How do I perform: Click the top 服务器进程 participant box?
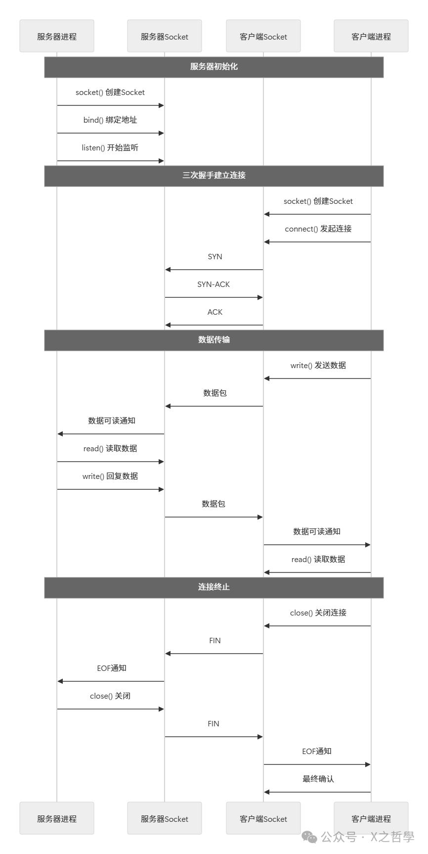pyautogui.click(x=57, y=36)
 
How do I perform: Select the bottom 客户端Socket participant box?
pyautogui.click(x=263, y=819)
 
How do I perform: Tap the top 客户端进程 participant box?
pyautogui.click(x=371, y=36)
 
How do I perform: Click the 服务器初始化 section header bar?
pyautogui.click(x=214, y=67)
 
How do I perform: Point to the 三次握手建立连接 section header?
pyautogui.click(x=214, y=176)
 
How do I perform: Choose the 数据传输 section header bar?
pyautogui.click(x=214, y=340)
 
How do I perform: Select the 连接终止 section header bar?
pyautogui.click(x=214, y=587)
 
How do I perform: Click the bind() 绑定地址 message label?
pyautogui.click(x=110, y=120)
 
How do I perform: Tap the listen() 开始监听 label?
pyautogui.click(x=110, y=148)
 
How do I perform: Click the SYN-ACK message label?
pyautogui.click(x=214, y=285)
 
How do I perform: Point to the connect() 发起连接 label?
pyautogui.click(x=318, y=229)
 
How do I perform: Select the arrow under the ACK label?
pyautogui.click(x=214, y=325)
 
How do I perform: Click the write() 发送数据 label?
pyautogui.click(x=318, y=366)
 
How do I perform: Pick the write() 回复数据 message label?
pyautogui.click(x=110, y=476)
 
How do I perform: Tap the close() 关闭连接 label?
pyautogui.click(x=318, y=613)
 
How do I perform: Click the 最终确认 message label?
pyautogui.click(x=318, y=779)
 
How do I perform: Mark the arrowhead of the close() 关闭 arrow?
pyautogui.click(x=161, y=709)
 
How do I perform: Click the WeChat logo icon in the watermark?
pyautogui.click(x=310, y=837)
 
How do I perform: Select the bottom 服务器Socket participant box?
pyautogui.click(x=164, y=819)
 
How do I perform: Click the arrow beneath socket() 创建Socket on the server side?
pyautogui.click(x=110, y=105)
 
